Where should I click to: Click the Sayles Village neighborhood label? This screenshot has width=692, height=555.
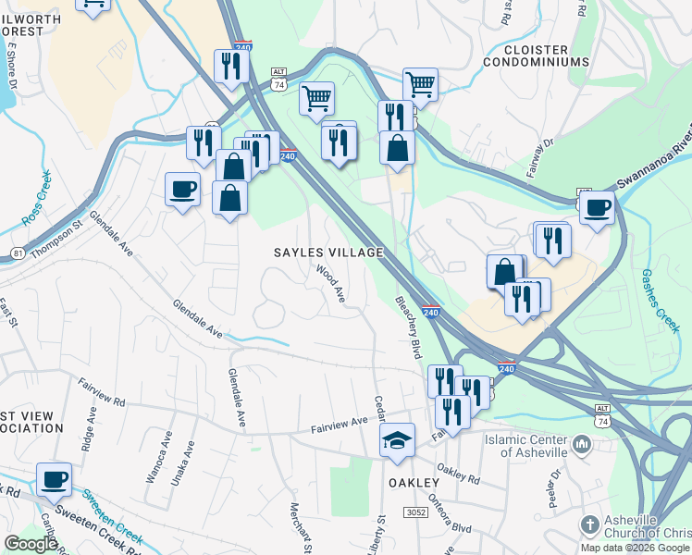[x=327, y=253]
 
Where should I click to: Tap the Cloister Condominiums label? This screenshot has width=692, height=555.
[x=537, y=54]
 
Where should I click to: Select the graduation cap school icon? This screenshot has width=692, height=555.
[x=397, y=439]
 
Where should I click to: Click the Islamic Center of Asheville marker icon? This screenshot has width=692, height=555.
[x=582, y=446]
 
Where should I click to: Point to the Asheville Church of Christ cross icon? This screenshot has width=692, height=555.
[x=589, y=525]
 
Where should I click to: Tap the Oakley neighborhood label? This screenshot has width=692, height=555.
[x=409, y=484]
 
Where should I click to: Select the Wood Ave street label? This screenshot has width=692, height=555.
[x=330, y=283]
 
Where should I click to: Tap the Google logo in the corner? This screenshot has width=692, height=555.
[x=30, y=544]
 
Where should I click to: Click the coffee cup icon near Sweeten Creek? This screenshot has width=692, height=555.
[x=54, y=478]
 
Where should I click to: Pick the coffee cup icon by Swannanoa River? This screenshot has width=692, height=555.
[x=598, y=206]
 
